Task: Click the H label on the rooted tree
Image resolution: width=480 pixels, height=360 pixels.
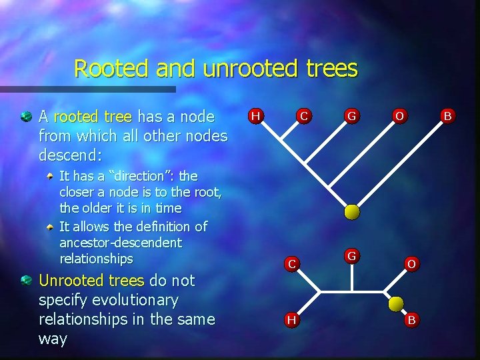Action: (x=255, y=116)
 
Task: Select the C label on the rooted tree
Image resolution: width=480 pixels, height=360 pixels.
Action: (x=303, y=116)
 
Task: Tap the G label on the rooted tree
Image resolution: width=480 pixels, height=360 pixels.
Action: (x=351, y=116)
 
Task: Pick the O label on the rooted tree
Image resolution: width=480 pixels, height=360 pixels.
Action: (x=399, y=116)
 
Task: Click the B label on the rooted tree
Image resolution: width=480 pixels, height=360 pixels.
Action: (x=447, y=116)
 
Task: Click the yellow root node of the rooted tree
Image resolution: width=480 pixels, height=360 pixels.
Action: (x=351, y=212)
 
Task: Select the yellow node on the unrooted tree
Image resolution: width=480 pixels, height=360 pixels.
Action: (x=396, y=304)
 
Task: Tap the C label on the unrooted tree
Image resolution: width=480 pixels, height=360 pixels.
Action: (x=291, y=263)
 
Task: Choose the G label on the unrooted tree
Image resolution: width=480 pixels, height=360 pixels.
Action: (x=351, y=255)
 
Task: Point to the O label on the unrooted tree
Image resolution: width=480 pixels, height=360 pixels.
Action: (x=411, y=263)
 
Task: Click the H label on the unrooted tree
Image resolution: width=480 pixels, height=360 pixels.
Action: (x=291, y=319)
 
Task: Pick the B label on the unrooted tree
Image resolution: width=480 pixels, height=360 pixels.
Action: (x=411, y=319)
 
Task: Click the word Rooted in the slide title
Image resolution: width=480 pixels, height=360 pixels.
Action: (x=111, y=69)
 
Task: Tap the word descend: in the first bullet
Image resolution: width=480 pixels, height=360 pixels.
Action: (x=71, y=155)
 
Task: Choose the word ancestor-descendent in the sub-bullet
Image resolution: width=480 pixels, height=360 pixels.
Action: (x=120, y=243)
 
